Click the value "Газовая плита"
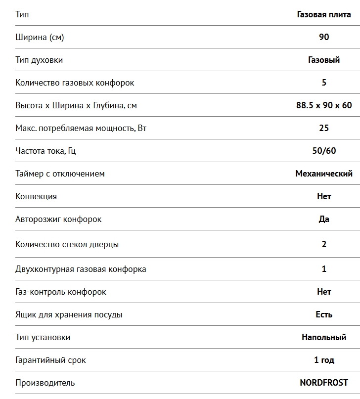(x=324, y=14)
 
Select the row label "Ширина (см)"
(x=40, y=37)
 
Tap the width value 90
(x=324, y=37)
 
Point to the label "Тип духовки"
(x=39, y=60)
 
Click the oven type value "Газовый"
(x=324, y=60)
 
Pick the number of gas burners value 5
(x=324, y=83)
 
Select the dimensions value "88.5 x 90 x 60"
(x=324, y=105)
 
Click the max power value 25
(x=324, y=128)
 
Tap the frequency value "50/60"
(x=324, y=151)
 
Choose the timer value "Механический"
(x=324, y=174)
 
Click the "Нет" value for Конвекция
(x=324, y=196)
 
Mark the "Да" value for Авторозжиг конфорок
(x=324, y=219)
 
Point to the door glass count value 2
(x=324, y=244)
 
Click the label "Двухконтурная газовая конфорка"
(x=81, y=269)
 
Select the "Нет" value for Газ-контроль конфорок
(x=324, y=292)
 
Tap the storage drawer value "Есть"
(x=324, y=314)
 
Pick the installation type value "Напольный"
(x=324, y=337)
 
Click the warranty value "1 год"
(x=324, y=360)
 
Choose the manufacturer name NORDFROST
(x=324, y=383)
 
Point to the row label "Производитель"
(x=45, y=383)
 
